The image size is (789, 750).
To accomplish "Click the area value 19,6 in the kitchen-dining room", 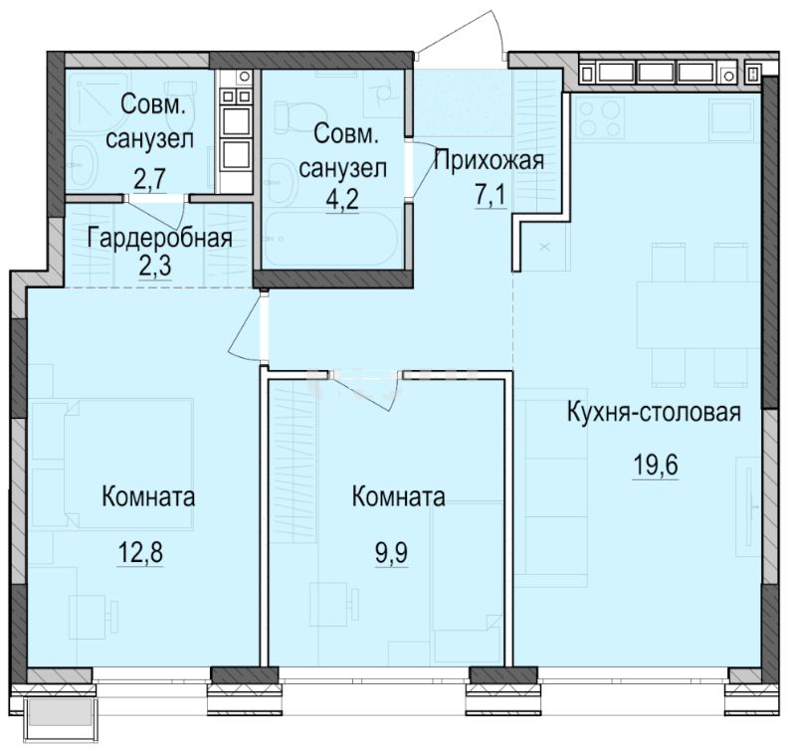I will [655, 465].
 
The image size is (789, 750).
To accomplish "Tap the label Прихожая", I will [489, 157].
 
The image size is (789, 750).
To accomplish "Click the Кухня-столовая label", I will [655, 412].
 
